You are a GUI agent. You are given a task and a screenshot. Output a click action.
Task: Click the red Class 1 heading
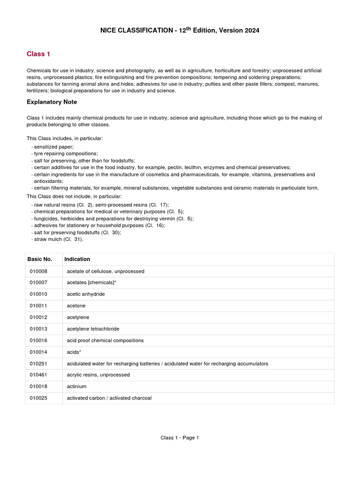[x=38, y=54]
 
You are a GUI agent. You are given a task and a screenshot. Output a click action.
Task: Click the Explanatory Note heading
[x=52, y=102]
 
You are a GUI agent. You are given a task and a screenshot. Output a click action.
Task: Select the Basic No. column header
[x=39, y=259]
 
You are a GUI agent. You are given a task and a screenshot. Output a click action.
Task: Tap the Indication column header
[x=77, y=259]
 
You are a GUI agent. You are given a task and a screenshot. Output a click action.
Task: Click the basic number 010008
[x=38, y=271]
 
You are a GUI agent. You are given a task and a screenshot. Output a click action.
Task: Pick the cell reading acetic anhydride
[x=86, y=294]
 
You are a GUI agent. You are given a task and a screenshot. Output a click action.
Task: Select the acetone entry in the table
[x=76, y=306]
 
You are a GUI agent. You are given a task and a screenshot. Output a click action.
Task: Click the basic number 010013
[x=38, y=329]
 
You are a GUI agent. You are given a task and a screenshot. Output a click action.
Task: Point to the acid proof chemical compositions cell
[x=105, y=340]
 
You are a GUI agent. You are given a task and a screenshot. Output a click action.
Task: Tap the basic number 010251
[x=38, y=363]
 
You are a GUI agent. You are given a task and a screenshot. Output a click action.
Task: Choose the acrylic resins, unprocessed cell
[x=98, y=375]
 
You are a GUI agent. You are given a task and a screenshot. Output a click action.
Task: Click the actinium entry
[x=77, y=386]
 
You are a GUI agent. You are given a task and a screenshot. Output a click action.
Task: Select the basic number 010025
[x=38, y=398]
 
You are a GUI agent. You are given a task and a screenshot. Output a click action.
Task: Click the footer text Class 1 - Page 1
[x=180, y=438]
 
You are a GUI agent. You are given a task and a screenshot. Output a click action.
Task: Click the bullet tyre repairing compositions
[x=66, y=154]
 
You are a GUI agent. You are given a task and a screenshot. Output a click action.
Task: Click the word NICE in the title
[x=109, y=30]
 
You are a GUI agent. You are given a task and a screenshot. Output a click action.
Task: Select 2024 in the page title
[x=251, y=30]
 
